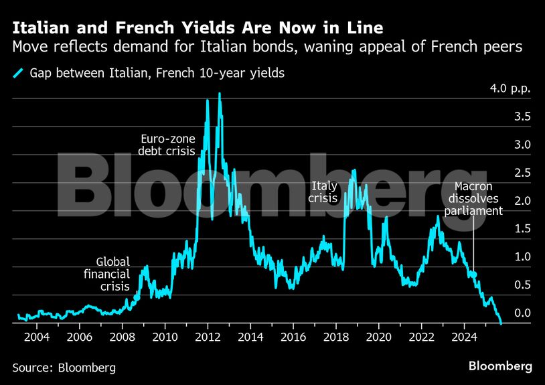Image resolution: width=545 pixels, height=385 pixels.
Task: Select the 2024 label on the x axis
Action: tap(465, 336)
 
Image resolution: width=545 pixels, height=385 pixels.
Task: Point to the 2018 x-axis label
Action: tap(336, 336)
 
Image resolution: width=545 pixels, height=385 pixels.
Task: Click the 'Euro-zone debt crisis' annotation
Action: tap(167, 145)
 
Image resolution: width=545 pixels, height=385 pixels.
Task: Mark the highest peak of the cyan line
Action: tap(220, 94)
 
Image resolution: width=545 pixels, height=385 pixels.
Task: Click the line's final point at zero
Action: tap(500, 322)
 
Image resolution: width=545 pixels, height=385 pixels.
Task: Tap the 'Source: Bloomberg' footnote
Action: tap(64, 368)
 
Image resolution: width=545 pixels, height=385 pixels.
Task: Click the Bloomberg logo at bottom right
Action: tap(499, 366)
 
